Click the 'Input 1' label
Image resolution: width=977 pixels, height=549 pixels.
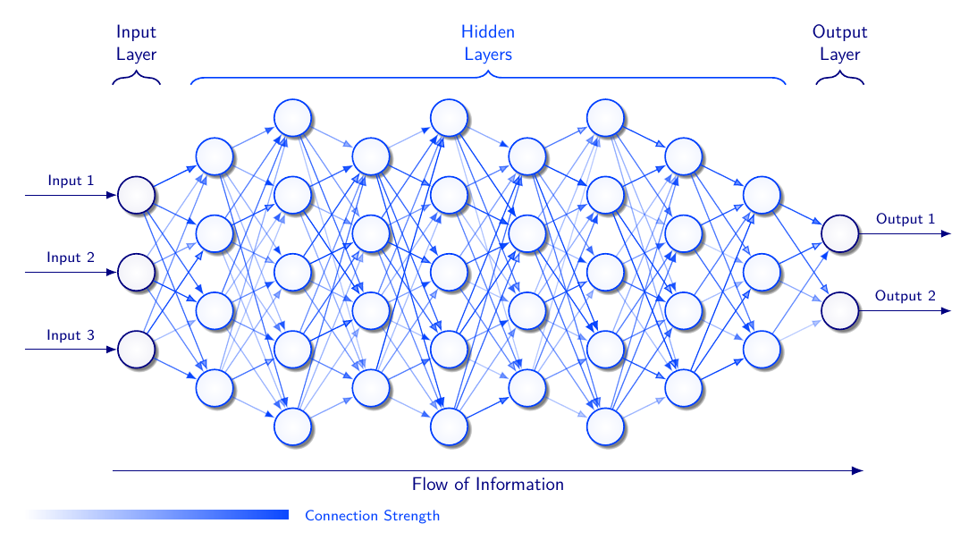click(x=71, y=181)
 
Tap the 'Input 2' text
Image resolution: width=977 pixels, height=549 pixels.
click(x=71, y=258)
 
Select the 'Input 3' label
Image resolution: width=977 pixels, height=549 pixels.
click(x=71, y=336)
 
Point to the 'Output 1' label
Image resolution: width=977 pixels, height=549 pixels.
click(x=905, y=219)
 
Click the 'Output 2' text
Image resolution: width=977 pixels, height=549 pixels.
click(x=905, y=296)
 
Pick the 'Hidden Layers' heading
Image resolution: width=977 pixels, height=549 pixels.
click(x=488, y=44)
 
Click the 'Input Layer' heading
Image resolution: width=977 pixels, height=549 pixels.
click(x=137, y=44)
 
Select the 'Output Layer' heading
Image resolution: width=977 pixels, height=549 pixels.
click(x=840, y=44)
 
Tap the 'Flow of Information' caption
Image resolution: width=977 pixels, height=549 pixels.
click(x=488, y=485)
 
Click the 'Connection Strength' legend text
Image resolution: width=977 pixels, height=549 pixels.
click(x=372, y=516)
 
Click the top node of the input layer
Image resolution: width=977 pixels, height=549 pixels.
click(x=137, y=195)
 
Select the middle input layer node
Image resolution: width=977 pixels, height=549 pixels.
click(x=137, y=272)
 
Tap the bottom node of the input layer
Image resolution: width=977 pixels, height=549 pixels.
click(x=137, y=350)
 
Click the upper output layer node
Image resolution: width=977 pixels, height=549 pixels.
click(x=840, y=233)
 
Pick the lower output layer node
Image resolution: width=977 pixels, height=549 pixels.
click(x=840, y=311)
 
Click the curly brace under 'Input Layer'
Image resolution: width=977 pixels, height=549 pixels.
click(x=137, y=79)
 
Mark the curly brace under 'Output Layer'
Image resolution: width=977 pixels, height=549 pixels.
click(x=840, y=79)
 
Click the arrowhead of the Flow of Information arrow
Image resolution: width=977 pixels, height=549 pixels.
click(x=857, y=470)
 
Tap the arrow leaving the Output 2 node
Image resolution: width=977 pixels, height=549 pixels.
click(x=903, y=311)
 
